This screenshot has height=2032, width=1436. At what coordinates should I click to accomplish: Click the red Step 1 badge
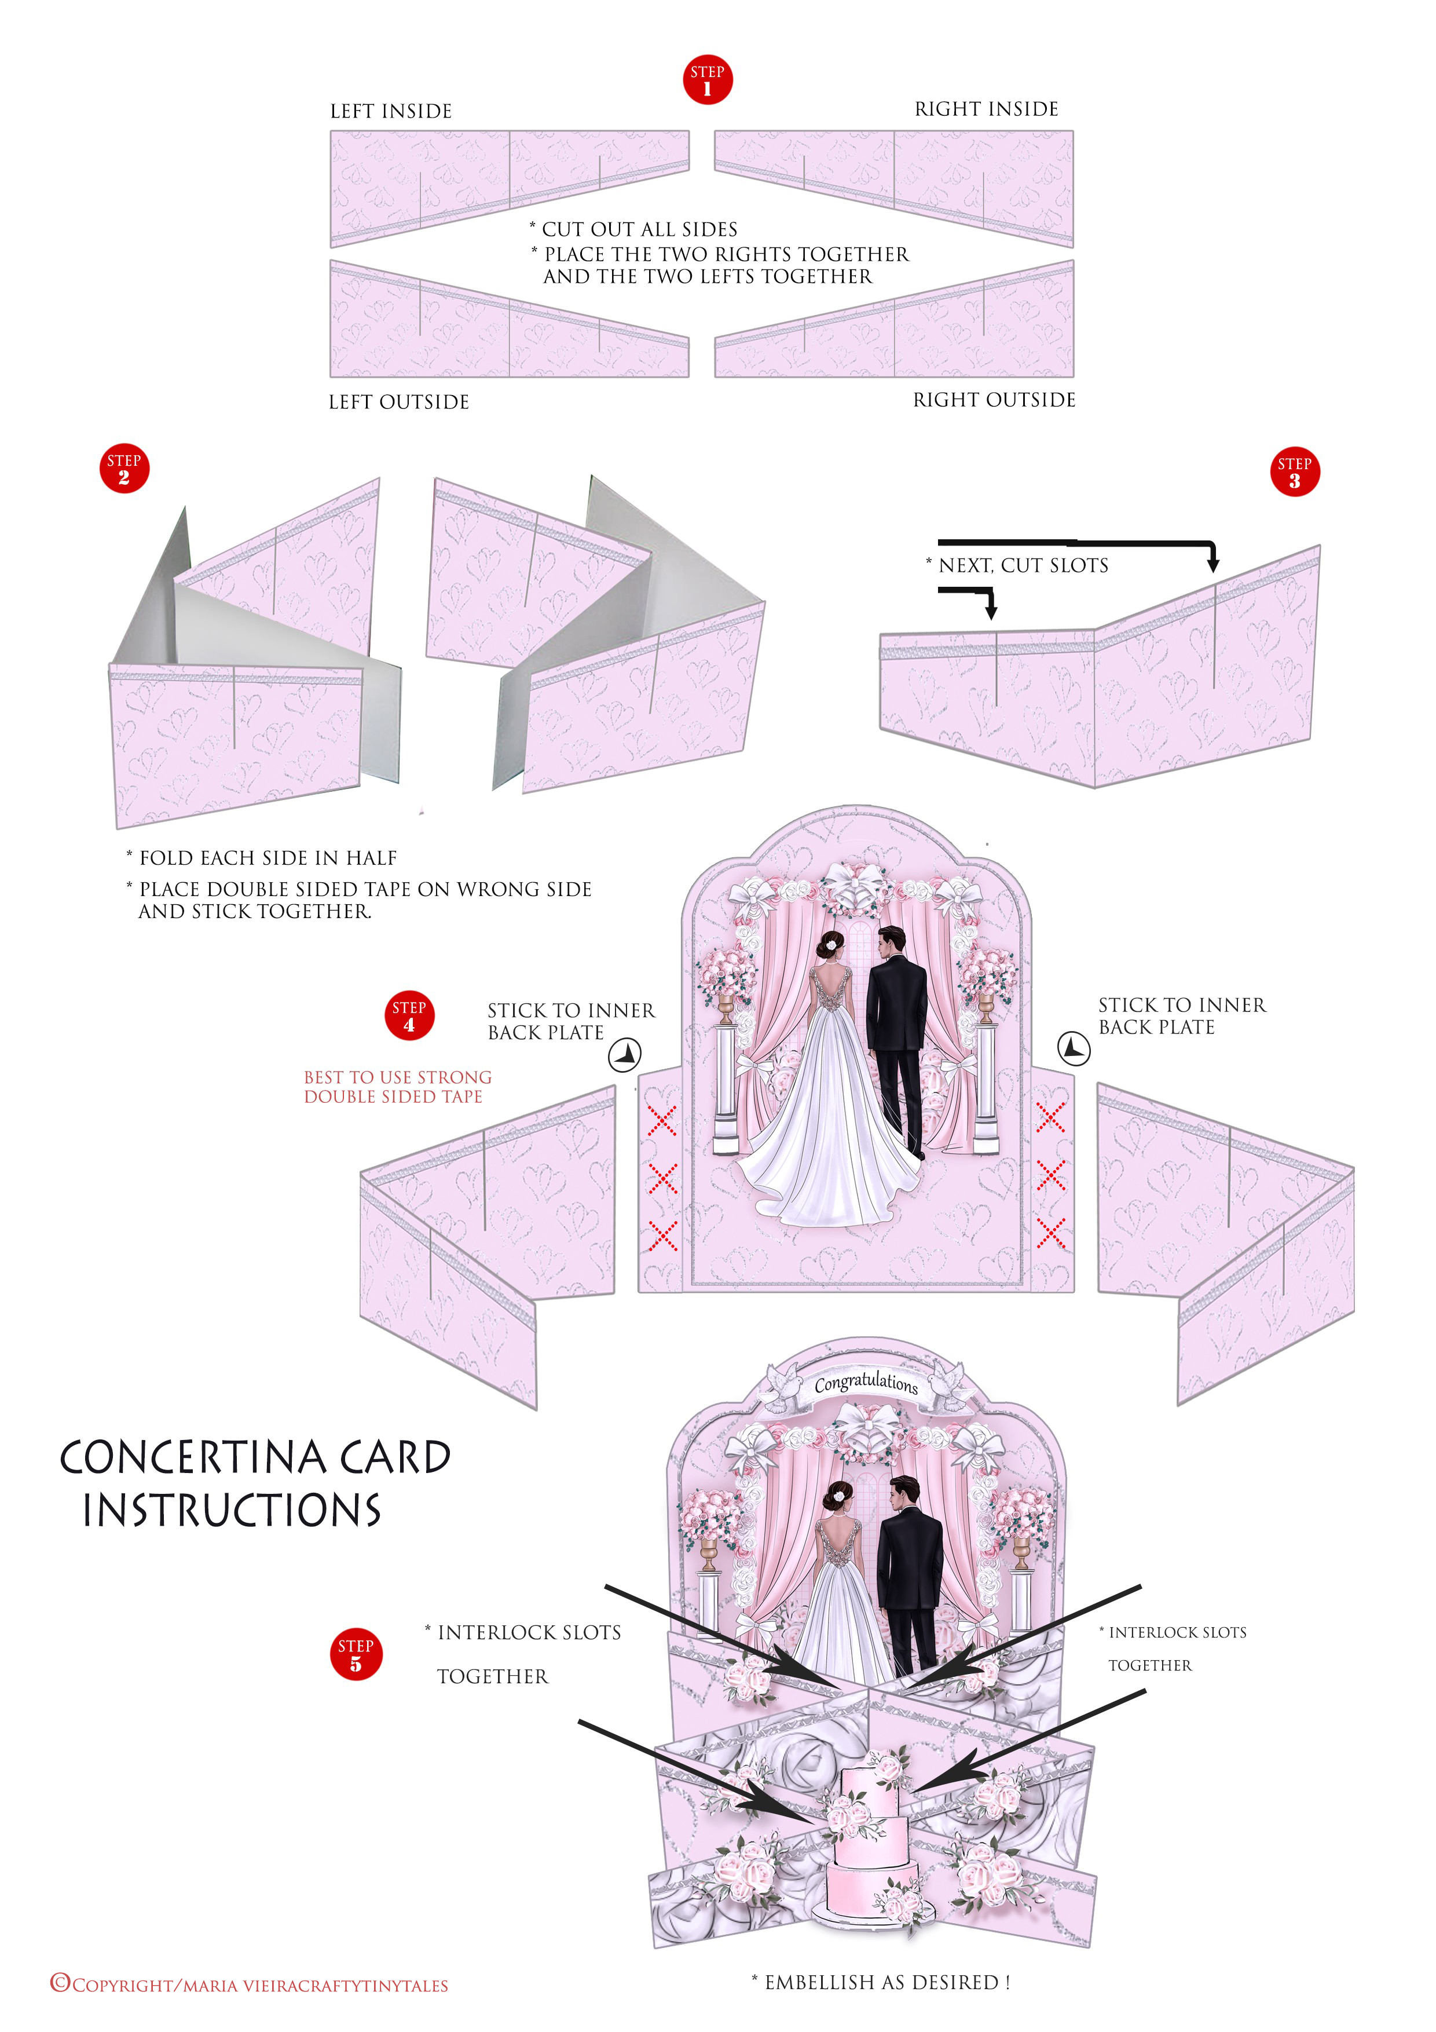(x=707, y=80)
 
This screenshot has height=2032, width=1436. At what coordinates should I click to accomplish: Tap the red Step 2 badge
(x=124, y=468)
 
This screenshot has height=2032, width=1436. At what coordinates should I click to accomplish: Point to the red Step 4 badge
(x=409, y=1015)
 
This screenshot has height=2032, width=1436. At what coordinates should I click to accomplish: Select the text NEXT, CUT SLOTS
(x=1022, y=565)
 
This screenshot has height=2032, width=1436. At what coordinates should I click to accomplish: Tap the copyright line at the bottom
(x=250, y=1985)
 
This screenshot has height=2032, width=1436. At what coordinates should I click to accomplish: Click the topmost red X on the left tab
(x=661, y=1120)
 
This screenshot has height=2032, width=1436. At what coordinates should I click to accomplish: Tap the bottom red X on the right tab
(x=1050, y=1233)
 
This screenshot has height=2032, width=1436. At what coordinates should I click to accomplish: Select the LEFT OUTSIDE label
(x=399, y=403)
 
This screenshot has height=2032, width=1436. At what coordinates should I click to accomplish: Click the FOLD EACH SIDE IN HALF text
(x=267, y=858)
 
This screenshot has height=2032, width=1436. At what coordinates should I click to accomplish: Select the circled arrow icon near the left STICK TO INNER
(x=625, y=1054)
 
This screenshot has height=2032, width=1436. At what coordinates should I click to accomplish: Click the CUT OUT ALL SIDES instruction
(x=639, y=230)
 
